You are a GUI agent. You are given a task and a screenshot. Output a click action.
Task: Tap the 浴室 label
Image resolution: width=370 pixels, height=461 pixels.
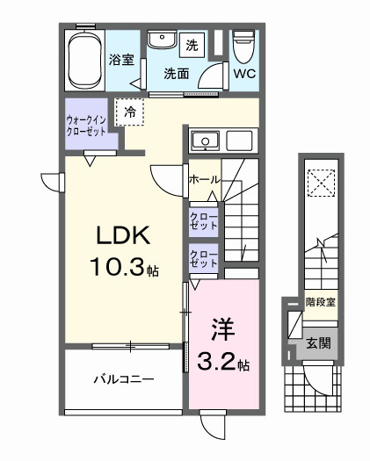pos(121,61)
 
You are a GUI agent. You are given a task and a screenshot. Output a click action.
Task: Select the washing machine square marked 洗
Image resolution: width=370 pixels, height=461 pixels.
pos(192,45)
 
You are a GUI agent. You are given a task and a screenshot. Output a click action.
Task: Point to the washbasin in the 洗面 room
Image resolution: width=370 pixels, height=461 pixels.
pos(160,42)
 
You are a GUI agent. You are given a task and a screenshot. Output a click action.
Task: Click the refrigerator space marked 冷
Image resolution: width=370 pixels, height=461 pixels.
pos(130,112)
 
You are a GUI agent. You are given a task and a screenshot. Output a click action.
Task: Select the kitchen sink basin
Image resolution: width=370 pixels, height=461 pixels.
pos(205,140)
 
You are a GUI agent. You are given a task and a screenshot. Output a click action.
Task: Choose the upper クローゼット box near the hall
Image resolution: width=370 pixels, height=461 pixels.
pos(203,220)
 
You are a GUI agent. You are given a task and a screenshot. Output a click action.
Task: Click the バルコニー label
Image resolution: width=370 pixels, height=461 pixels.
pos(124,379)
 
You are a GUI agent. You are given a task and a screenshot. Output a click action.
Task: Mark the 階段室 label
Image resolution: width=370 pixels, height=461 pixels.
pos(320,303)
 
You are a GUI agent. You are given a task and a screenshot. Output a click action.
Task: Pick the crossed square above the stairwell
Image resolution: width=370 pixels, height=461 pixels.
pos(319,183)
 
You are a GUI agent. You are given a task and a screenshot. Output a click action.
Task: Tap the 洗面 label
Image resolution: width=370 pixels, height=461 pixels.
pos(177,74)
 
